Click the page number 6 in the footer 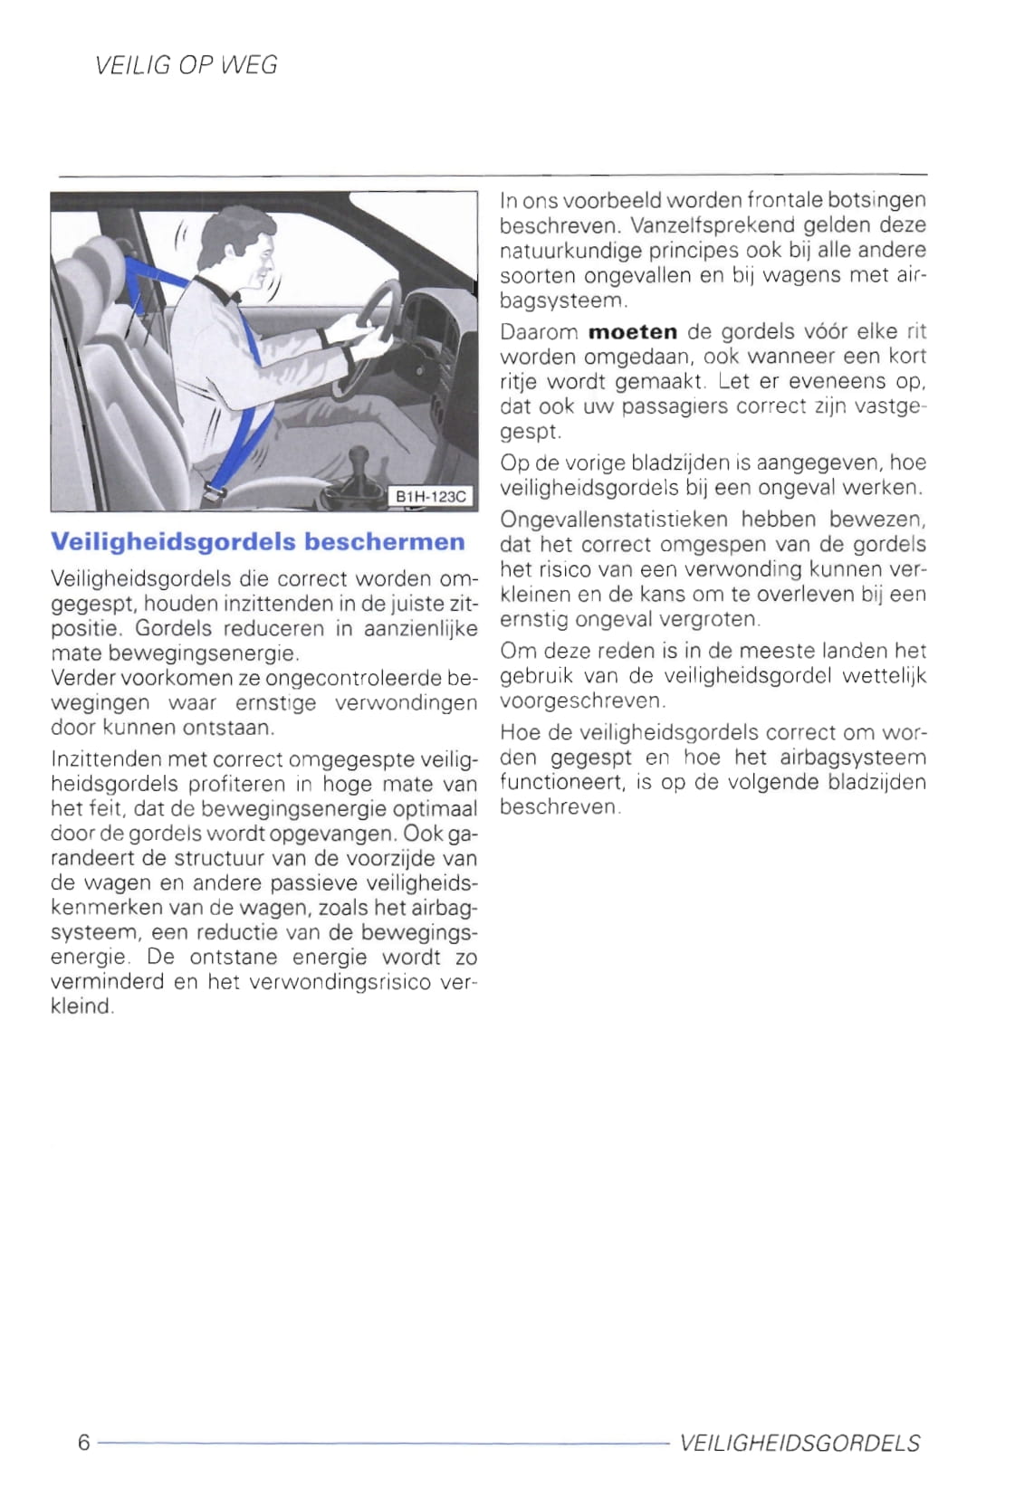pyautogui.click(x=83, y=1442)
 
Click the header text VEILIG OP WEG pyautogui.click(x=186, y=65)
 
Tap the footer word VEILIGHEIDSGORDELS pyautogui.click(x=799, y=1443)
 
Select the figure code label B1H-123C pyautogui.click(x=431, y=496)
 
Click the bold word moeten pyautogui.click(x=632, y=332)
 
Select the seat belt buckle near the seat pyautogui.click(x=214, y=493)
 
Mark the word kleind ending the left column pyautogui.click(x=81, y=1006)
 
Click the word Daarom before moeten pyautogui.click(x=539, y=332)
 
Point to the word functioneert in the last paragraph pyautogui.click(x=561, y=782)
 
